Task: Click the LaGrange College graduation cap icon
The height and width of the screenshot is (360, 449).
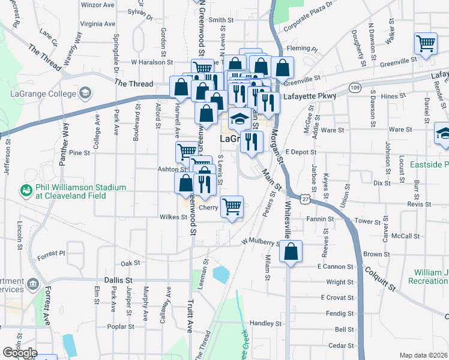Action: (x=86, y=92)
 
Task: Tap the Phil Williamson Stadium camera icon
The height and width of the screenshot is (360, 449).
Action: (x=26, y=190)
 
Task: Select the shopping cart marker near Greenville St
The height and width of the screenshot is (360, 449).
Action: (x=426, y=43)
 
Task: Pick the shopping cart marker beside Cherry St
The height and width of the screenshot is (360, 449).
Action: (x=232, y=208)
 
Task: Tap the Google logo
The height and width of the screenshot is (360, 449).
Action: (x=20, y=352)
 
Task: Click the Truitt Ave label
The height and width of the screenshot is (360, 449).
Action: (x=189, y=318)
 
